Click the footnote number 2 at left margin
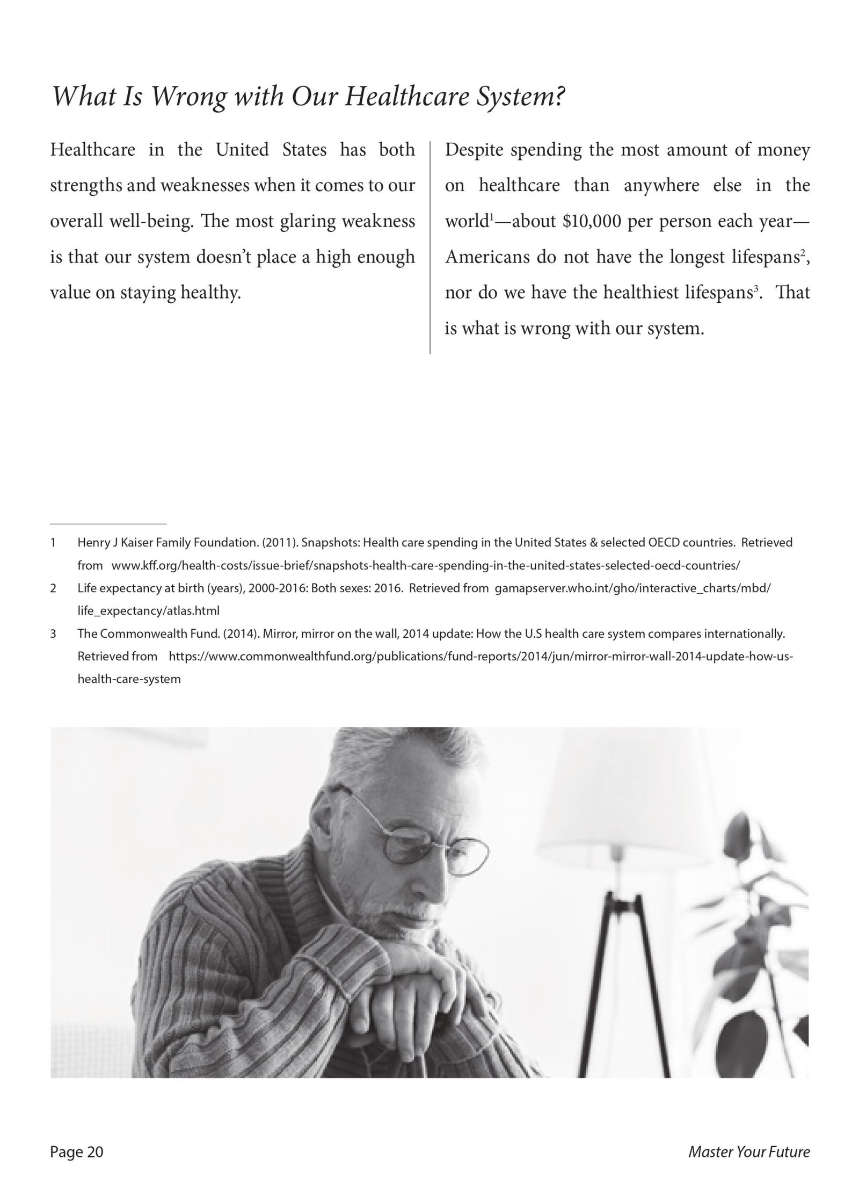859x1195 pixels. tap(53, 588)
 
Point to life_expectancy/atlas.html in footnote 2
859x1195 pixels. tap(148, 611)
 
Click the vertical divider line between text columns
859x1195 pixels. tap(430, 247)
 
